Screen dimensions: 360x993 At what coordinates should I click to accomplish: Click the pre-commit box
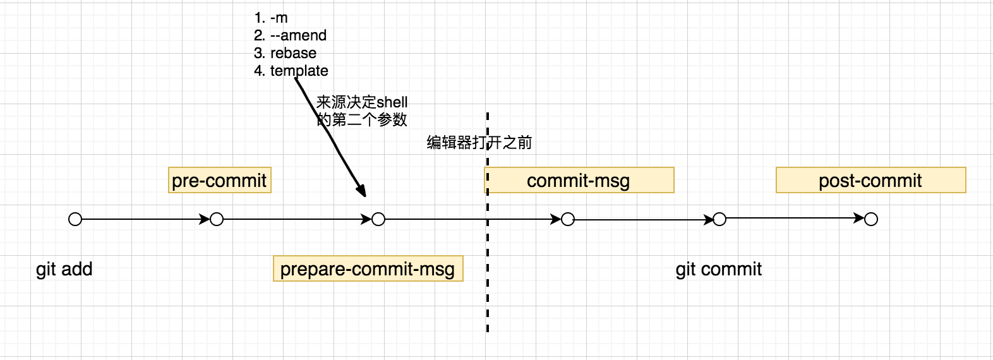pos(219,181)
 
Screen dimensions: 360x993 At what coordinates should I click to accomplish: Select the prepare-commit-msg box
pos(368,269)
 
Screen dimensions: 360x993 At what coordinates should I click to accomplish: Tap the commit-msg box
pos(579,181)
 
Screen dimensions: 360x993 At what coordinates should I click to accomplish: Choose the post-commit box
pos(870,181)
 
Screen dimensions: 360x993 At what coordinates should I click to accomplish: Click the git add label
pos(64,269)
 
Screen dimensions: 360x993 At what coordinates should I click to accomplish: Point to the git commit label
pos(718,269)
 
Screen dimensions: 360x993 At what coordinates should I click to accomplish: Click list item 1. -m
pos(271,18)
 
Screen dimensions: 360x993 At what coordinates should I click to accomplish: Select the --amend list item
pos(291,35)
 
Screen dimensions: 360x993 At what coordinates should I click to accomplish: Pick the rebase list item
pos(286,53)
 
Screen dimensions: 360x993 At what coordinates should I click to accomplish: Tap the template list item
pos(291,71)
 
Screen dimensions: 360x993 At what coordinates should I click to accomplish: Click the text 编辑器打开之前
pos(479,143)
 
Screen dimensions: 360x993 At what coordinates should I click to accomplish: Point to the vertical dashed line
pos(488,284)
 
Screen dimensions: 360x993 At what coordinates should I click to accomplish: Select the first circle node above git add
pos(75,220)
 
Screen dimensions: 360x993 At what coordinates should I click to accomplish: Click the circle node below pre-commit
pos(217,220)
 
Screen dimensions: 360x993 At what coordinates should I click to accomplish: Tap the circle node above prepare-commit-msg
pos(378,220)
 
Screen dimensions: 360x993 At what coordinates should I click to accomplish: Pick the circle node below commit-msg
pos(568,220)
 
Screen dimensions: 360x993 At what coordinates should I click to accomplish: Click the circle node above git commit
pos(719,220)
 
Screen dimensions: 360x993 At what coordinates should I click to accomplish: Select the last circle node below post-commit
pos(871,220)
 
